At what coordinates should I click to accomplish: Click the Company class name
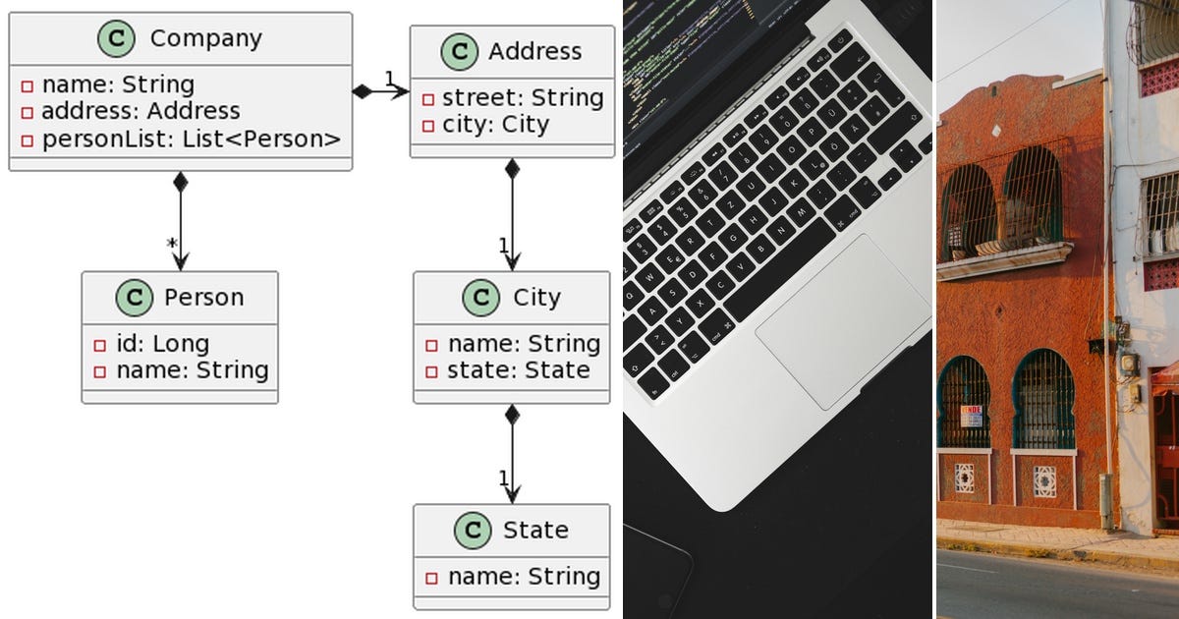coord(205,38)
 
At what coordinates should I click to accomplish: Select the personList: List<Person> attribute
coord(191,140)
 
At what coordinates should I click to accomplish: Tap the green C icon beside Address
coord(459,51)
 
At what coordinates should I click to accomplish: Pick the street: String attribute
coord(522,97)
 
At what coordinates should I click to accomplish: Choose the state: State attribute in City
coord(518,370)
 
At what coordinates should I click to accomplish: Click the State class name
coord(535,530)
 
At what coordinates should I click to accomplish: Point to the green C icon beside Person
coord(135,297)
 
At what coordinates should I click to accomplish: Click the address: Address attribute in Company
coord(140,112)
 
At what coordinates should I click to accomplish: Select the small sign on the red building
coord(971,415)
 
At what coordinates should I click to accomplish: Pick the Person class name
coord(203,297)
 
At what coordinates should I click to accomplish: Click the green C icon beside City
coord(479,297)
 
